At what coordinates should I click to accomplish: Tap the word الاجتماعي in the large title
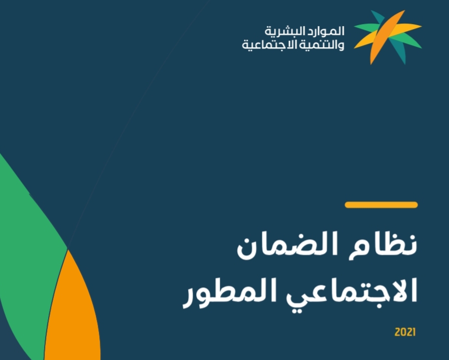coord(352,292)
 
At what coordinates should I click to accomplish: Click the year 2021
coord(405,332)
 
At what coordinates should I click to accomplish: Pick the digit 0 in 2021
coord(402,332)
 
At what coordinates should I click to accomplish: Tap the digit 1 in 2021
coord(414,332)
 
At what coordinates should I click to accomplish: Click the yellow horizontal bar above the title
coord(381,205)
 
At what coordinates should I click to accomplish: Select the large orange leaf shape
coord(73,309)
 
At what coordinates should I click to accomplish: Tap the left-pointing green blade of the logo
coord(367,28)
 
